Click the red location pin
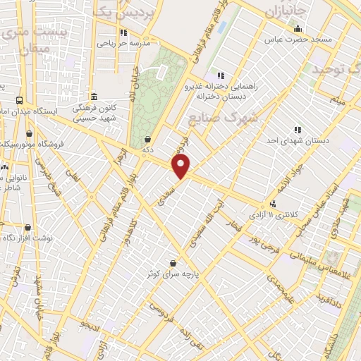182,166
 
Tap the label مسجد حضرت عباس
298,39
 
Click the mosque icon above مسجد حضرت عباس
298,29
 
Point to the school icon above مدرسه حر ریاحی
123,32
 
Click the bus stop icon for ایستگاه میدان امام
18,100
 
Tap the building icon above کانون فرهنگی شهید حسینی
94,97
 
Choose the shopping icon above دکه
147,139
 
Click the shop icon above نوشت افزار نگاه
27,228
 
